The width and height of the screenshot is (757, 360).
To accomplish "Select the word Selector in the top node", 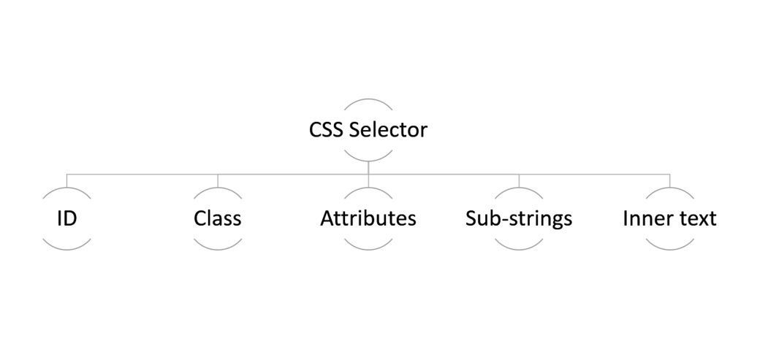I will pyautogui.click(x=388, y=130).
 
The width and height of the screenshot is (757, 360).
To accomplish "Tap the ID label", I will pyautogui.click(x=67, y=218).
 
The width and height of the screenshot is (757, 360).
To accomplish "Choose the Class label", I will pyautogui.click(x=218, y=218).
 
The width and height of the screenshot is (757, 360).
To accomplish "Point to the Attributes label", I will pyautogui.click(x=368, y=218).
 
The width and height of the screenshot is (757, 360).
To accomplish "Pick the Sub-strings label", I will pyautogui.click(x=519, y=218).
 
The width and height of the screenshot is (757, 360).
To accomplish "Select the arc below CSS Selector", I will pyautogui.click(x=368, y=160).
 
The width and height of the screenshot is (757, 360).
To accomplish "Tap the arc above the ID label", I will pyautogui.click(x=67, y=189).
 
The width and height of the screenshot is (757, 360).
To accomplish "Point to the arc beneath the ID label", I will pyautogui.click(x=67, y=249).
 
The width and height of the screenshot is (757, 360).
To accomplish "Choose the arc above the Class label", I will pyautogui.click(x=218, y=189).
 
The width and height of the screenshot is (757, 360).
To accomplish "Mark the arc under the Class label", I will pyautogui.click(x=218, y=249).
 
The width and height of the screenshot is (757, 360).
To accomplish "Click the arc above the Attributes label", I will pyautogui.click(x=368, y=189).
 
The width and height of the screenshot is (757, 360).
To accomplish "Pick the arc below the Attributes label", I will pyautogui.click(x=368, y=249).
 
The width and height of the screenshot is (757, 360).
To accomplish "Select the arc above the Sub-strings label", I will pyautogui.click(x=519, y=189).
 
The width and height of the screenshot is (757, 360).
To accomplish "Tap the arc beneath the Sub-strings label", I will pyautogui.click(x=519, y=249).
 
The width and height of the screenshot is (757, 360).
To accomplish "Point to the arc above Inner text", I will pyautogui.click(x=669, y=189).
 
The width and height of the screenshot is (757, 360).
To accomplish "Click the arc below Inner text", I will pyautogui.click(x=669, y=249).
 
